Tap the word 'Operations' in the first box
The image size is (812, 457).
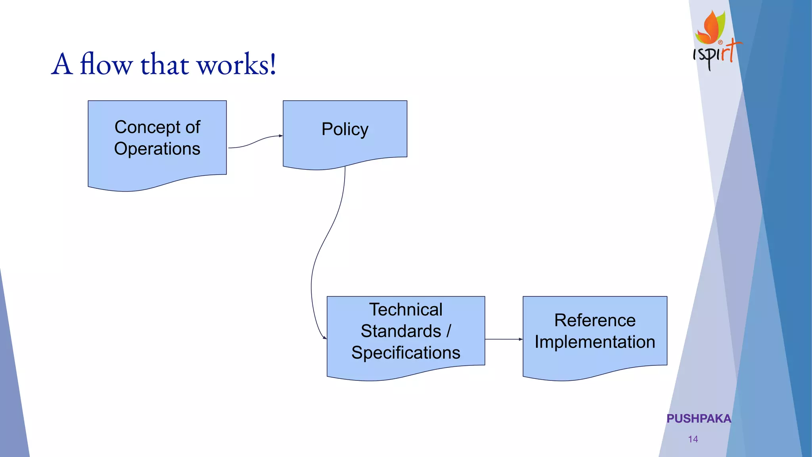[157, 149]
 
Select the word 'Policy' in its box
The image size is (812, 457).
[345, 129]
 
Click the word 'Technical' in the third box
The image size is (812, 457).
[406, 309]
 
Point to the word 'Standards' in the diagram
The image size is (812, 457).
[401, 331]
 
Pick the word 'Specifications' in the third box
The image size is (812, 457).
[406, 353]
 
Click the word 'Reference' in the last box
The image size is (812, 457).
[595, 320]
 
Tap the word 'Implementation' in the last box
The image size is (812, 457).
[595, 342]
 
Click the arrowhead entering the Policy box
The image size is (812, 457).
[281, 136]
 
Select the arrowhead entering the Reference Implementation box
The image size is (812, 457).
[521, 339]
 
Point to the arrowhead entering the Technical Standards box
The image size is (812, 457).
[325, 338]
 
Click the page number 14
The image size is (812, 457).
[693, 439]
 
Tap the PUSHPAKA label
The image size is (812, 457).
[699, 419]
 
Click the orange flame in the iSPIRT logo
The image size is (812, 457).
[710, 28]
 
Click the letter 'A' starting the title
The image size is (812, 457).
[62, 64]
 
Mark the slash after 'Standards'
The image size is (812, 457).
[449, 331]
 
